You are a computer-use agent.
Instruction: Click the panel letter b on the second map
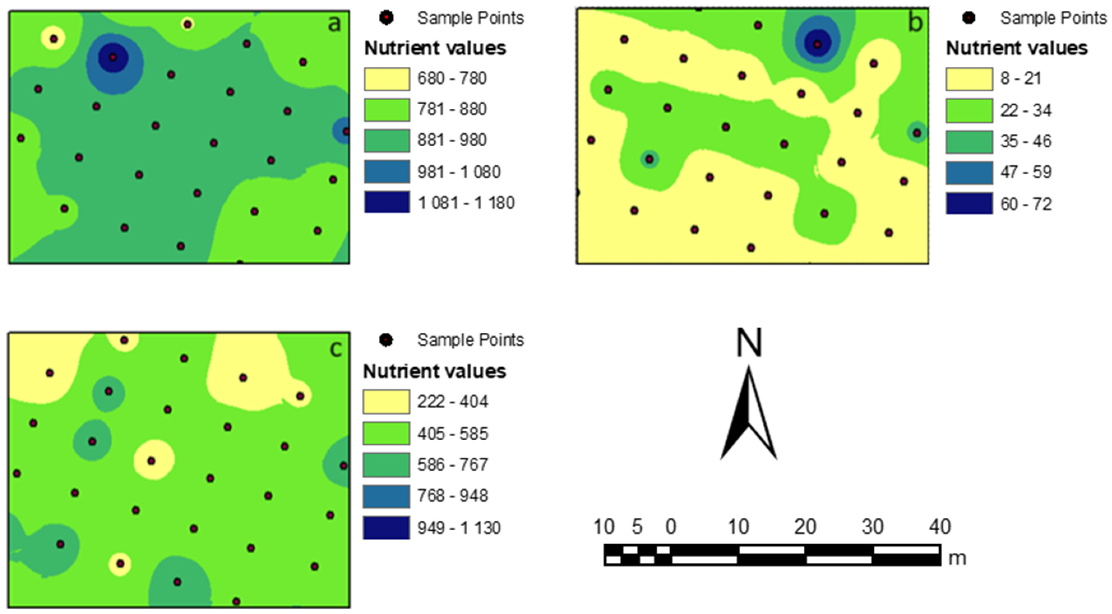914,23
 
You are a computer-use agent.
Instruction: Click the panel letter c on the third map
336,349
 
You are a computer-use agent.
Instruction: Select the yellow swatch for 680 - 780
386,79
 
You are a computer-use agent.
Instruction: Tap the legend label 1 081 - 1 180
466,203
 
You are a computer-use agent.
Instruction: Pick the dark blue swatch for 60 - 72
969,203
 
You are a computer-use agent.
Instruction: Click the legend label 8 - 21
1021,78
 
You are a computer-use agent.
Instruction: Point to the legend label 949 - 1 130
458,528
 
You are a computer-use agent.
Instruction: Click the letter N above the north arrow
749,343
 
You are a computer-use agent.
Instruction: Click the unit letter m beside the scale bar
957,558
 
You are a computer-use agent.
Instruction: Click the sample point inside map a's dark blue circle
113,57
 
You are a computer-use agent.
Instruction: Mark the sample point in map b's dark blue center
817,44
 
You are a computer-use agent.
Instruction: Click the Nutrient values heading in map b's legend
1017,48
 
